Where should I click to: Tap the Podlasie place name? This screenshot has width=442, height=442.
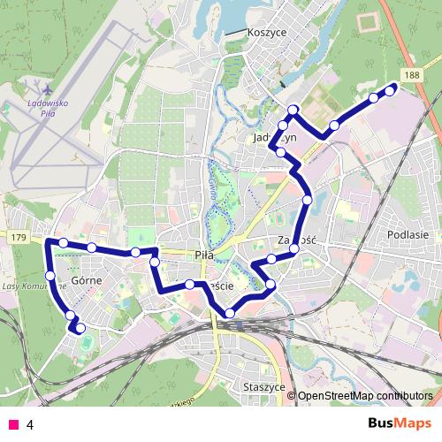(x=408, y=235)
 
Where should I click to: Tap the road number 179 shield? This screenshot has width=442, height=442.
(x=19, y=238)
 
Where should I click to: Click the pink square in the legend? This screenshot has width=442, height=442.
(x=12, y=424)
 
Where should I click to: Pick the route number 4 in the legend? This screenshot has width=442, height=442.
(x=30, y=424)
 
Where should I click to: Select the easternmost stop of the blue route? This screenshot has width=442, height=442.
(x=390, y=90)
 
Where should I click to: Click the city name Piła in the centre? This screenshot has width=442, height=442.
(x=203, y=255)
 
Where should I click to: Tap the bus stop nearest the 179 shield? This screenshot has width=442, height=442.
(x=64, y=243)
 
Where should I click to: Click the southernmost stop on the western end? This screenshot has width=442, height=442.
(x=80, y=329)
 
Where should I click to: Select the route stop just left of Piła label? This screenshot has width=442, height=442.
(x=155, y=262)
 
